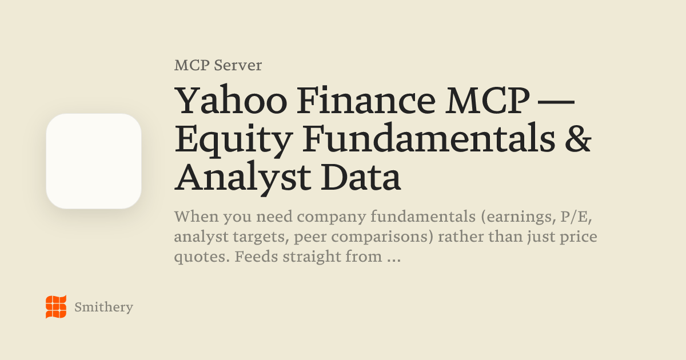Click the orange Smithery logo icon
tap(56, 307)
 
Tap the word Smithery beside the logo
tap(104, 307)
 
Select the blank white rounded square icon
tap(94, 161)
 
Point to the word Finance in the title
tap(366, 100)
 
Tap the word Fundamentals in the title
tap(429, 137)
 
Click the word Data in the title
tap(361, 176)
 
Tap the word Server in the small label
tap(238, 65)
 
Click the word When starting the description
tap(197, 217)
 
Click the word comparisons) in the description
tap(382, 237)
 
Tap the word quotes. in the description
tap(202, 257)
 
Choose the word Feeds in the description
tap(257, 256)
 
